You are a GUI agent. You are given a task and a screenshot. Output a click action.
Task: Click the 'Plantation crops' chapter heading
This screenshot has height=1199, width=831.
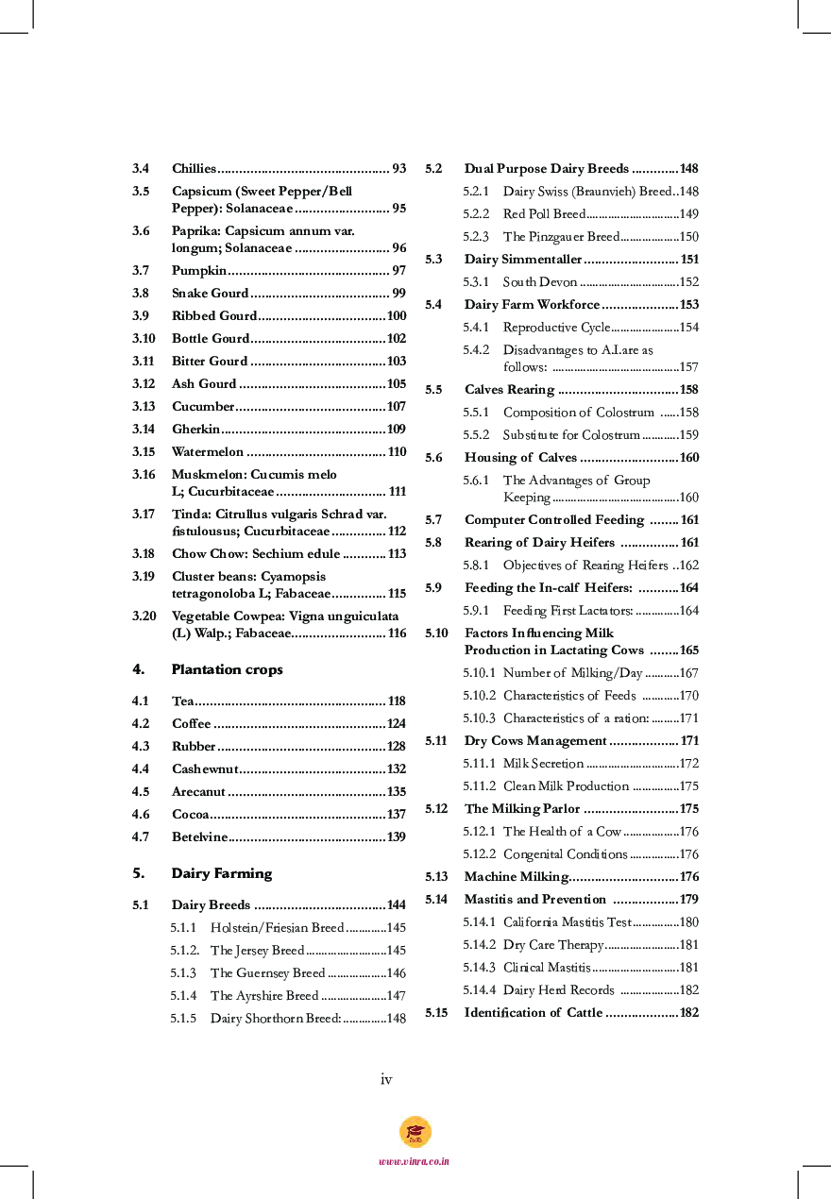pyautogui.click(x=227, y=669)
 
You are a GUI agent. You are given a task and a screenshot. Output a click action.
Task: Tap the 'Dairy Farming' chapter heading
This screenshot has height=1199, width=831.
pyautogui.click(x=221, y=873)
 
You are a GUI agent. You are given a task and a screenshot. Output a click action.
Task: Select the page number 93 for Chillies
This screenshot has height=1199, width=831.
pyautogui.click(x=399, y=169)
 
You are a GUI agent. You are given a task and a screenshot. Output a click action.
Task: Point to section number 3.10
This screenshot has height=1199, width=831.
pyautogui.click(x=144, y=339)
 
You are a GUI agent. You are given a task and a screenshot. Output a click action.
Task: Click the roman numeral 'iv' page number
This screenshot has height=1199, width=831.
pyautogui.click(x=386, y=1079)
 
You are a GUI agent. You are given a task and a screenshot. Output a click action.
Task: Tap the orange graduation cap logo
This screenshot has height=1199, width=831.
pyautogui.click(x=415, y=1131)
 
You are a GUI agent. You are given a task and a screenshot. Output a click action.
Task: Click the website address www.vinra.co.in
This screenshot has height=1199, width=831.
pyautogui.click(x=415, y=1161)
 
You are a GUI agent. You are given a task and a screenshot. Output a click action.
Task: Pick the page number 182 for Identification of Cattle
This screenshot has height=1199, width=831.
pyautogui.click(x=688, y=1013)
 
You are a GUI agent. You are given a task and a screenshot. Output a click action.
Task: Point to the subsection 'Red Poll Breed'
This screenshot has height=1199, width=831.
pyautogui.click(x=544, y=214)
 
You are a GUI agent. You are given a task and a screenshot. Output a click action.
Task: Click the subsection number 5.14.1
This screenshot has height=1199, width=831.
pyautogui.click(x=479, y=922)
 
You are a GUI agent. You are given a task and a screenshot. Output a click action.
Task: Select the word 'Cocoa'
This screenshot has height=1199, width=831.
pyautogui.click(x=190, y=815)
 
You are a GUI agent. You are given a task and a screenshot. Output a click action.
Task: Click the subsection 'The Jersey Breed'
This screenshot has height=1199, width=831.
pyautogui.click(x=257, y=951)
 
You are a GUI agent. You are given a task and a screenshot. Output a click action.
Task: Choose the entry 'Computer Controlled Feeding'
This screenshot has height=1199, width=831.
pyautogui.click(x=554, y=520)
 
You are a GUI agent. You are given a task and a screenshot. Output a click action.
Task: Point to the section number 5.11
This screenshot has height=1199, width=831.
pyautogui.click(x=436, y=741)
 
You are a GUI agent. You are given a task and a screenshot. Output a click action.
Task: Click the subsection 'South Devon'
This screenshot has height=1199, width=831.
pyautogui.click(x=539, y=282)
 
